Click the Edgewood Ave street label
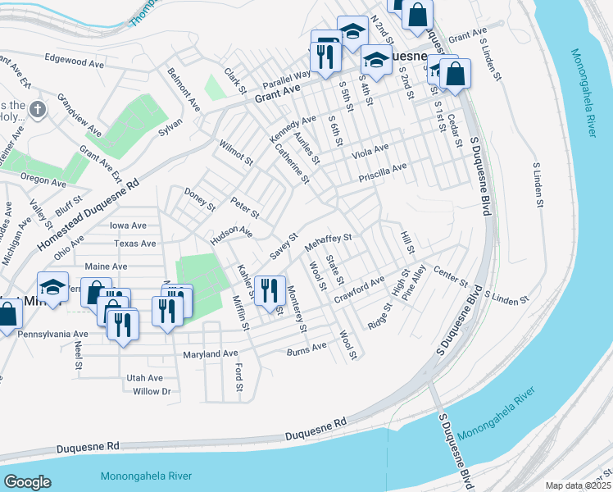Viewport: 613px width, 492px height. [x=76, y=59]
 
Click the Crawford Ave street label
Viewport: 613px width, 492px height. [x=358, y=288]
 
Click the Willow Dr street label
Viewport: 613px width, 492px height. [x=152, y=391]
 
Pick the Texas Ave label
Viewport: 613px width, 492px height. [x=135, y=244]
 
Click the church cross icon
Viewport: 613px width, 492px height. [x=37, y=109]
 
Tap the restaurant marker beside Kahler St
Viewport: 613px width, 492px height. [x=270, y=290]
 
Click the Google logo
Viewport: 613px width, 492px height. [x=27, y=481]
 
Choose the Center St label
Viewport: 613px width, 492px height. [x=450, y=272]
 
